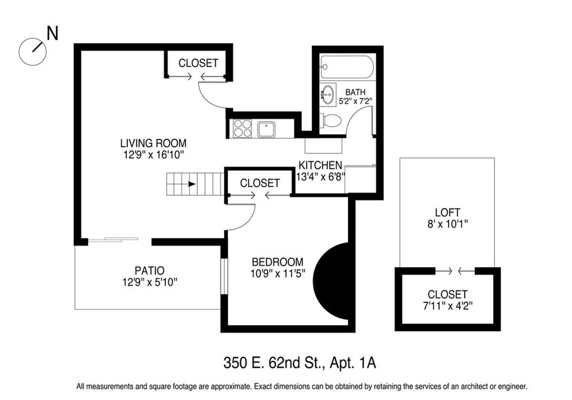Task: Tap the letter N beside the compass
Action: coord(52,34)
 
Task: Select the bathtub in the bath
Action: coord(347,67)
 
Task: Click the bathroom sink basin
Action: coord(327,95)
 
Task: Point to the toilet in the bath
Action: coord(330,120)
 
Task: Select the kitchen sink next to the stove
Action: coord(266,129)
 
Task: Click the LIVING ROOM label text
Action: coord(153,143)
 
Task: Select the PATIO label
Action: coord(149,271)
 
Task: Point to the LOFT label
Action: coord(448,213)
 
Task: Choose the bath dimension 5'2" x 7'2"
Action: coord(355,101)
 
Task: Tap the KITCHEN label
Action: coord(320,165)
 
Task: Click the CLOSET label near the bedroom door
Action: coord(260,183)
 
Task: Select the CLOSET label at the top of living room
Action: coord(198,63)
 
